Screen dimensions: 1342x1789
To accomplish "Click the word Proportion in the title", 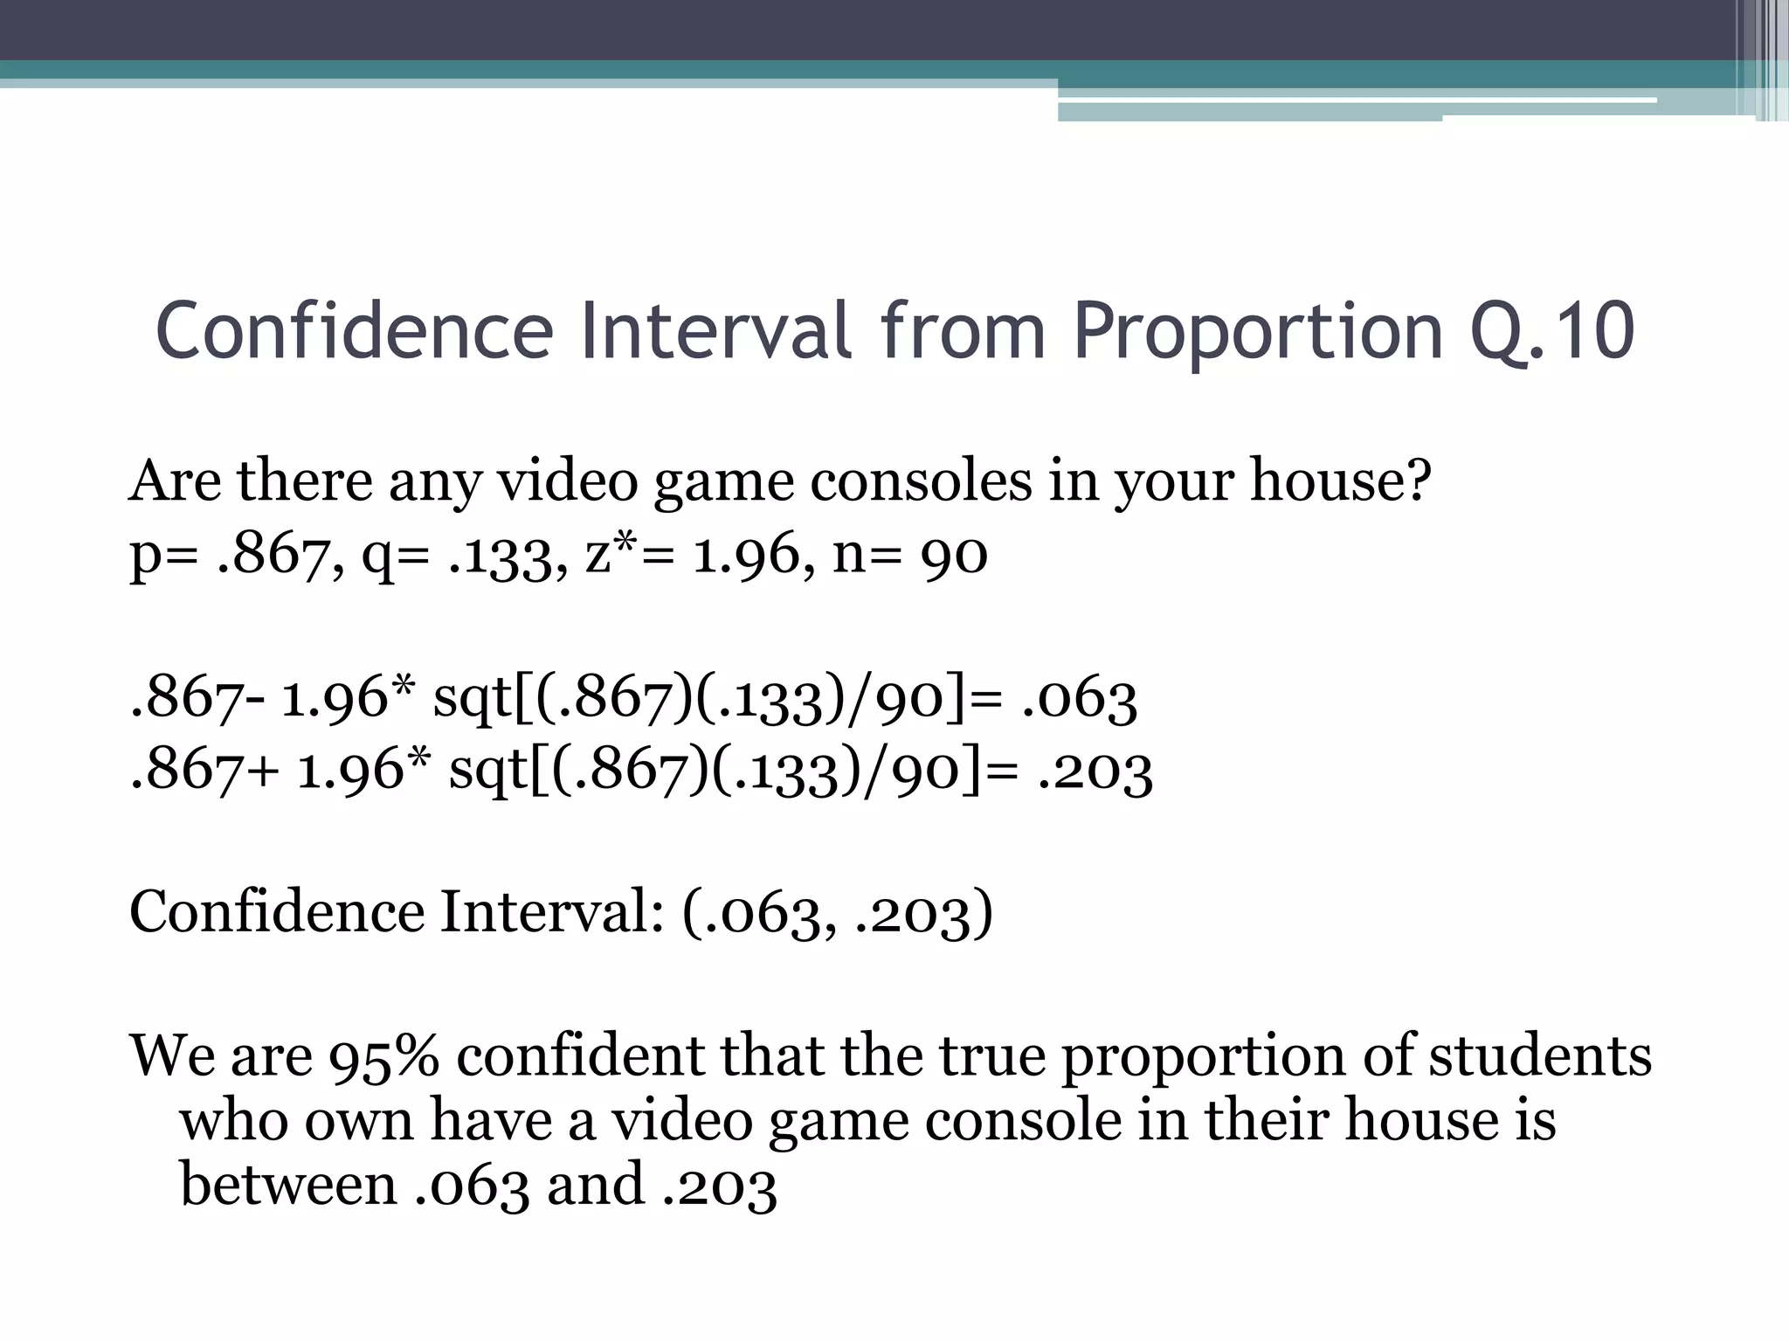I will (x=1257, y=332).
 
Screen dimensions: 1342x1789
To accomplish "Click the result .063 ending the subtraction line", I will (x=1079, y=700).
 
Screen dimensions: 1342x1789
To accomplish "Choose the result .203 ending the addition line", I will (x=1095, y=771).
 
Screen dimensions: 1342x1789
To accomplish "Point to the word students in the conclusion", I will (x=1540, y=1055).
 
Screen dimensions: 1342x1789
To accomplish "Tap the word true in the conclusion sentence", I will (x=991, y=1056).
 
